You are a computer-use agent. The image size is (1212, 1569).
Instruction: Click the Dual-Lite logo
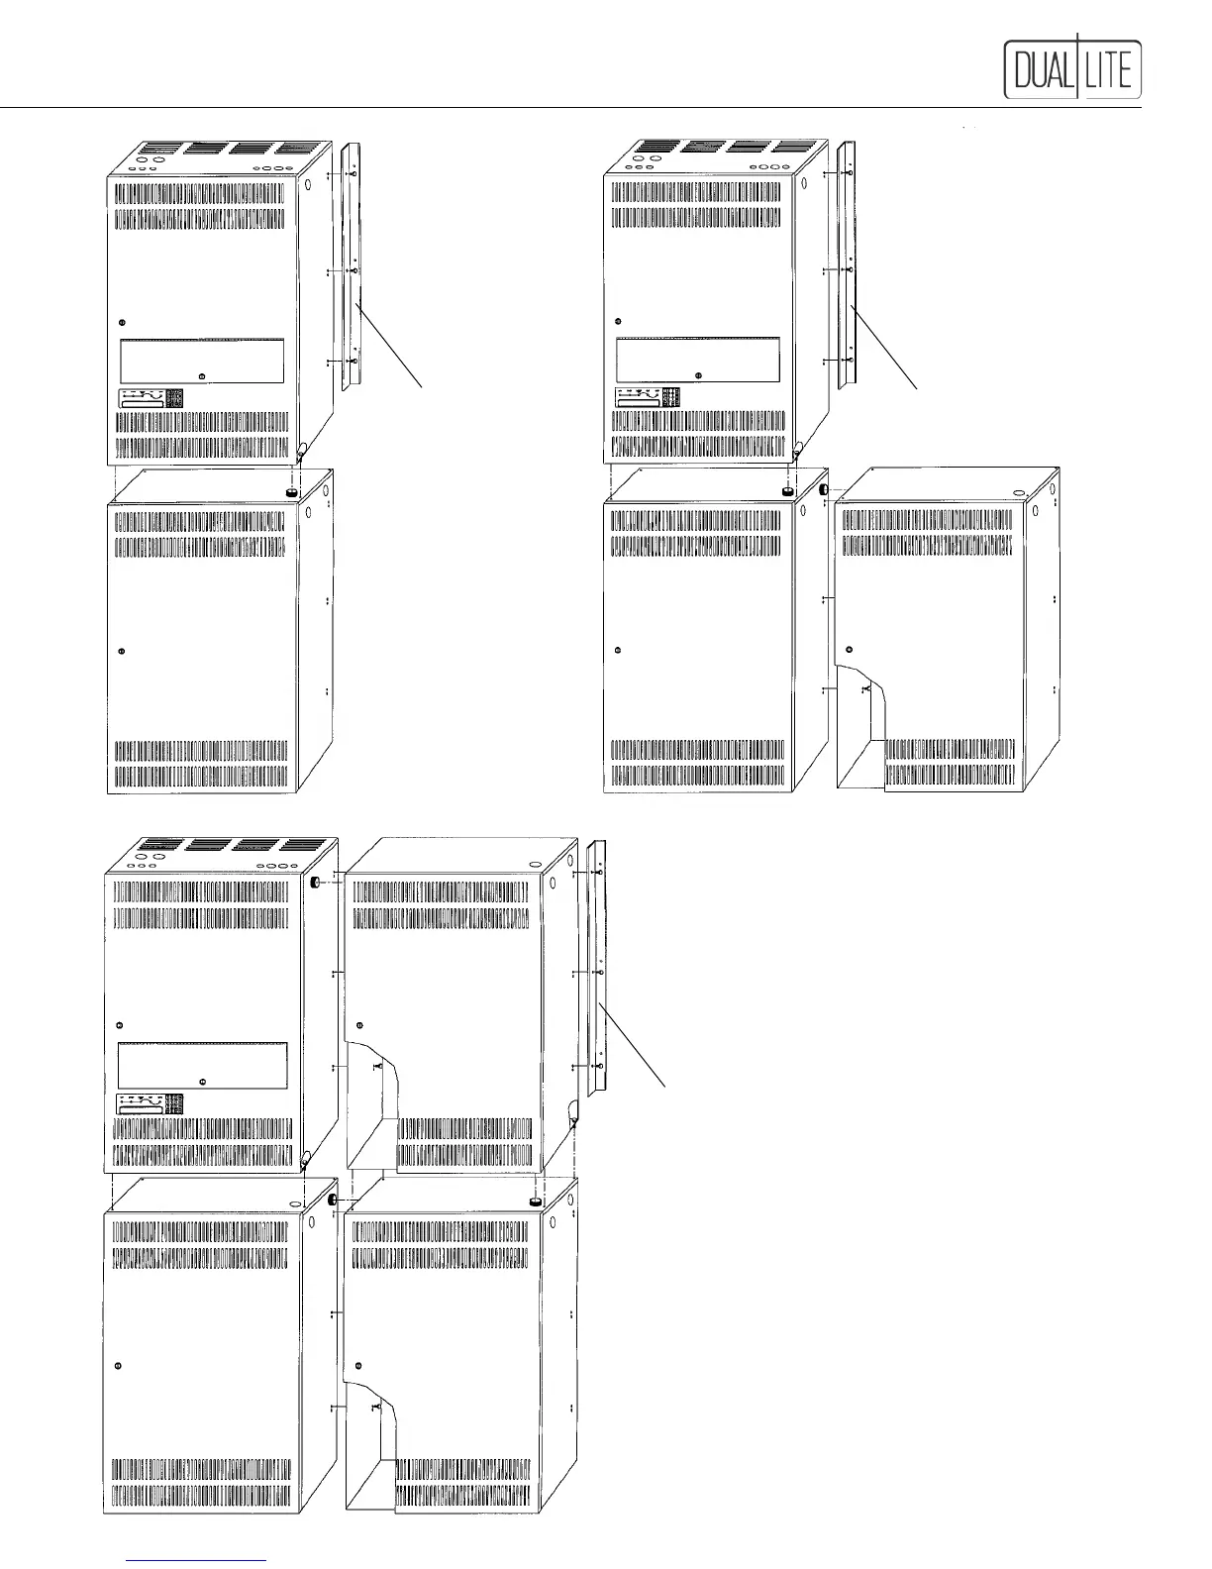[1073, 67]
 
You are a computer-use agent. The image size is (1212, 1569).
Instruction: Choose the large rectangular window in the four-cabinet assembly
[202, 1066]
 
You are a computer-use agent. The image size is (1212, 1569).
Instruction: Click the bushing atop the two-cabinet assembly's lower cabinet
[293, 490]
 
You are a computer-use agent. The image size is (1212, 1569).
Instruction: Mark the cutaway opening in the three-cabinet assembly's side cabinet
[863, 728]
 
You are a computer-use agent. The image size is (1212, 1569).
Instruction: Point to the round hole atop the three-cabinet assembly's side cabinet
[1018, 491]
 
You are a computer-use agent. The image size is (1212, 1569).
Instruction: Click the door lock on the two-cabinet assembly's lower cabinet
[121, 651]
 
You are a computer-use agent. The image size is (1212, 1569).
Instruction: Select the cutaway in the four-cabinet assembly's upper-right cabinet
[373, 1099]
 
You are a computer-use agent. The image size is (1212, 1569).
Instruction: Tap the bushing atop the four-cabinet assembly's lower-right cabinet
[536, 1201]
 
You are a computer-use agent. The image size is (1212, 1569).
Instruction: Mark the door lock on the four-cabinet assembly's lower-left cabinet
[119, 1366]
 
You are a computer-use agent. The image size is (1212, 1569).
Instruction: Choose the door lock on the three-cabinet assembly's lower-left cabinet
[617, 651]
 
